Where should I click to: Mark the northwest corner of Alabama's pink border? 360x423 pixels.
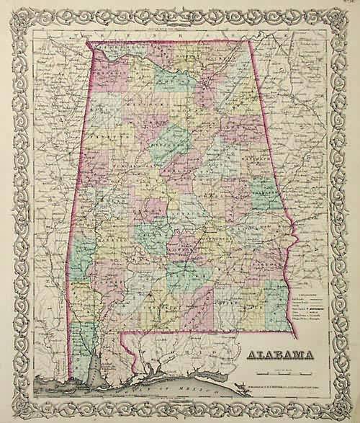coord(88,41)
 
